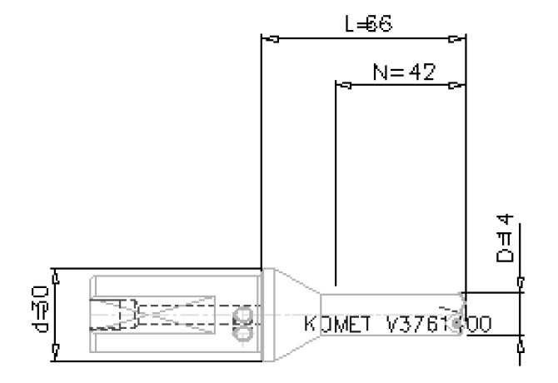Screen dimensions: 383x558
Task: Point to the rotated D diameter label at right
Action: [505, 240]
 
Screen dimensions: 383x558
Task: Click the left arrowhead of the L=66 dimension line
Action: [269, 38]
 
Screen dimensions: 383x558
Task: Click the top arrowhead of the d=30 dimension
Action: [56, 275]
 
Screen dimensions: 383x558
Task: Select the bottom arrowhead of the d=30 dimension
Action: [56, 356]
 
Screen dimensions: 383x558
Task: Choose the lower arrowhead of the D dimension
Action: [521, 341]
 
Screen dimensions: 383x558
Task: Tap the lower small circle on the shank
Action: [243, 334]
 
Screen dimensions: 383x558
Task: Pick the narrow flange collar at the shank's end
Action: [267, 315]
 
